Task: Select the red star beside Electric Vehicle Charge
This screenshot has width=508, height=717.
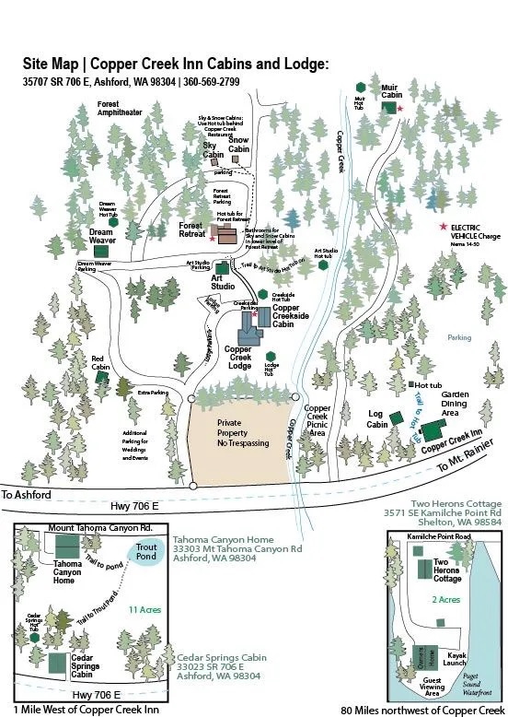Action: click(x=443, y=227)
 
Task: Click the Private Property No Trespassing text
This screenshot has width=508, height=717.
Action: click(x=243, y=433)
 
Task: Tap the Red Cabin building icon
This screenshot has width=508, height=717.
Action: click(x=103, y=377)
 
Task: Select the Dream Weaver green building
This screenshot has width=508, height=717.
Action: click(x=101, y=250)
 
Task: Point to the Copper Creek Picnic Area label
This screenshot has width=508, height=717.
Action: click(x=317, y=420)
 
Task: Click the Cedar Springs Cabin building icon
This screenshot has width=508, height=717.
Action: click(x=58, y=662)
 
